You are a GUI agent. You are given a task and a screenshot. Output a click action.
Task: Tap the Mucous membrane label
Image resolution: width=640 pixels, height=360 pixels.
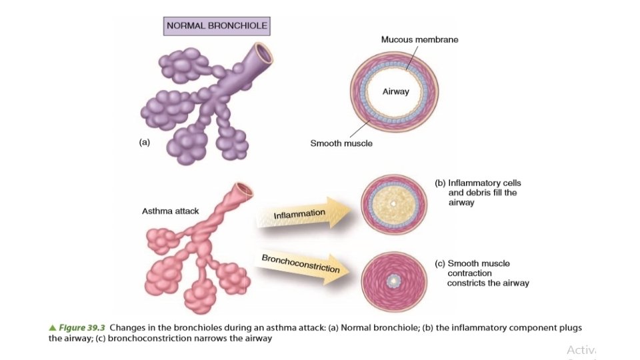[419, 39]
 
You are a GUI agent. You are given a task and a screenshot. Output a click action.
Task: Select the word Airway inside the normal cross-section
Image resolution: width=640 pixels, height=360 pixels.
[395, 91]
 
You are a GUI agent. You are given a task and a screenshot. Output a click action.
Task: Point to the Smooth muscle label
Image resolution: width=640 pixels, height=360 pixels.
[341, 143]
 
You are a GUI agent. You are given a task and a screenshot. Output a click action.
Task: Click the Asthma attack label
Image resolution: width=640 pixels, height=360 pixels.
[170, 211]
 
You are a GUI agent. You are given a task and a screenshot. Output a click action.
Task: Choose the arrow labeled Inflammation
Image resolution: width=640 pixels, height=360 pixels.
[303, 214]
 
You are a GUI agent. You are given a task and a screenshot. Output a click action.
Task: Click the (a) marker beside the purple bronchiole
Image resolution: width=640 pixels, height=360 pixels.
[144, 142]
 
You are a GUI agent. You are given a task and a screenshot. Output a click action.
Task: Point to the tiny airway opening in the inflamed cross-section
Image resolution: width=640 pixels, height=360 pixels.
[393, 203]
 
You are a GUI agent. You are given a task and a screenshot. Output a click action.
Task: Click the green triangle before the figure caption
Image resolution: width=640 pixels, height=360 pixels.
[53, 328]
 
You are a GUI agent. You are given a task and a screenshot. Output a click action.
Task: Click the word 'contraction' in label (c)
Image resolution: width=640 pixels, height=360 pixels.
[469, 273]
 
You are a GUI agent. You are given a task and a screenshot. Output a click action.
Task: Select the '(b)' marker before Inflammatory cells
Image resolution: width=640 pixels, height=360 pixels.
[440, 183]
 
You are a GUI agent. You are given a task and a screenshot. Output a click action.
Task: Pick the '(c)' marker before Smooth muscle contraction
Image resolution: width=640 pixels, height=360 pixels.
[440, 263]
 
